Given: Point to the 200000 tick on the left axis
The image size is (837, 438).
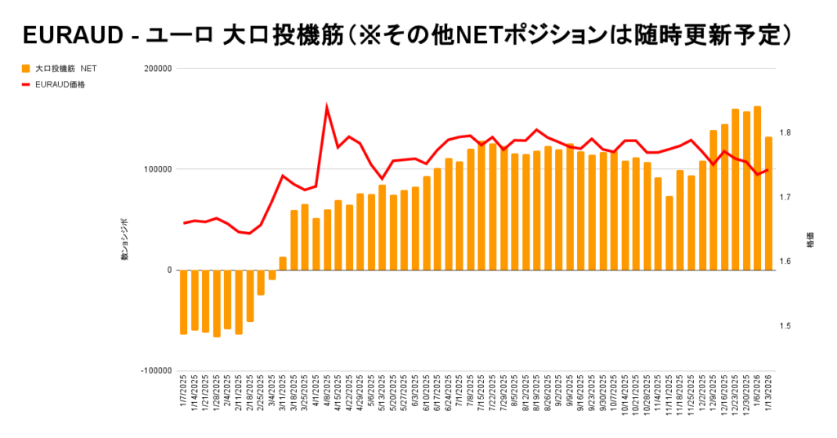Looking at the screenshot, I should (155, 69).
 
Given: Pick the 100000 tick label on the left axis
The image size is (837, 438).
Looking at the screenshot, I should (155, 170).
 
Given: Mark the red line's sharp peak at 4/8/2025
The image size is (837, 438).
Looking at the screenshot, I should (327, 107).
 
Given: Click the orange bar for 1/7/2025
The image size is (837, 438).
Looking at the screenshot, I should (184, 302).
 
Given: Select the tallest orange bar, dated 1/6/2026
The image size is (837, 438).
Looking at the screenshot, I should (757, 188).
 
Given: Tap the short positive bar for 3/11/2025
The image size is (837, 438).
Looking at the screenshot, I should (283, 264).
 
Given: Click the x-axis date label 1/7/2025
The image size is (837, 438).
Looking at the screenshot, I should (185, 394).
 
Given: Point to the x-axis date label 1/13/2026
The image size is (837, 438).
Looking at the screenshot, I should (768, 394).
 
